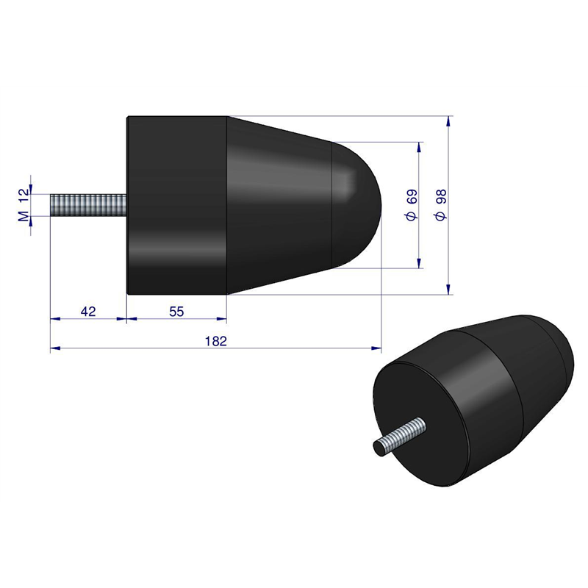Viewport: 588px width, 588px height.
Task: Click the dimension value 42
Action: (88, 311)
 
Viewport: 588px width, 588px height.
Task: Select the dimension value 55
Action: (176, 311)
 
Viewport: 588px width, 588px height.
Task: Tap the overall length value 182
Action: (216, 341)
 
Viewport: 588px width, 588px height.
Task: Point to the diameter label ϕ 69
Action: (412, 205)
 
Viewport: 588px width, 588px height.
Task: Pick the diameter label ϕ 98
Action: (442, 205)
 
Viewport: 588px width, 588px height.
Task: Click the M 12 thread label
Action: (24, 205)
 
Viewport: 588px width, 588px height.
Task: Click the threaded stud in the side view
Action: (88, 205)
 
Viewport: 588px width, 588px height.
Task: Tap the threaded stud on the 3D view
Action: (400, 437)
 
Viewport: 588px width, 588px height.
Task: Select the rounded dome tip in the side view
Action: (357, 205)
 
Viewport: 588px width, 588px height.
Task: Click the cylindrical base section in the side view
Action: (176, 205)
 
